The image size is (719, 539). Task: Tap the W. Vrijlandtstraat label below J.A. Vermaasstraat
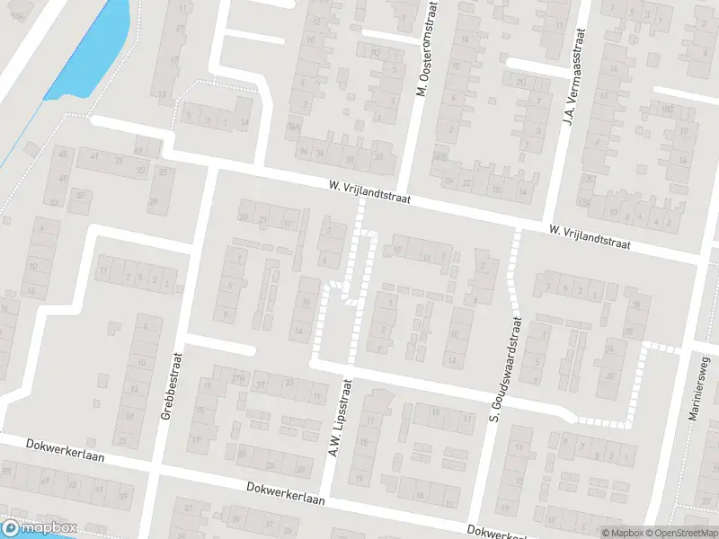click(590, 238)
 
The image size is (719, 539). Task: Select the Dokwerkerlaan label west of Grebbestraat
click(66, 450)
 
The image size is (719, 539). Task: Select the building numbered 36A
click(293, 128)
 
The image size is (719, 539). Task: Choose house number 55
click(7, 471)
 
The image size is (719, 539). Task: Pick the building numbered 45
click(62, 155)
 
